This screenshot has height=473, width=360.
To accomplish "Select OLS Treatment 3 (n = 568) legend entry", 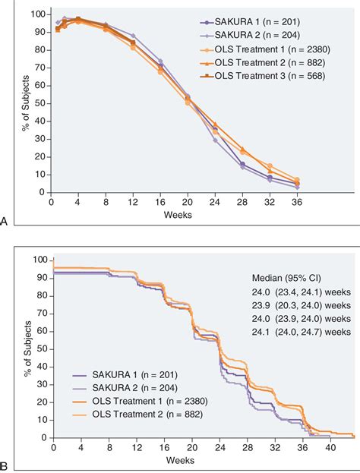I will tap(277, 77).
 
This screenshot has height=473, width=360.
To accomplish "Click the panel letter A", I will tap(5, 221).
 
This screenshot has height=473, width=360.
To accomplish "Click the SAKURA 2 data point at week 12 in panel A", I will tap(134, 36).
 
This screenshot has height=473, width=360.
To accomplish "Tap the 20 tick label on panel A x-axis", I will tap(188, 203).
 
